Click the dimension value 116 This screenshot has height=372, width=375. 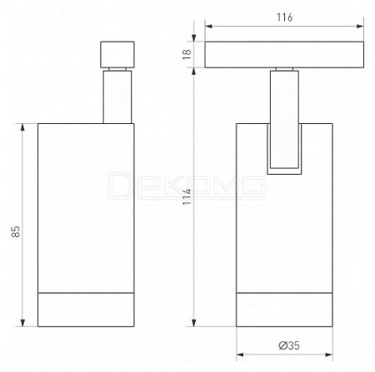(284, 17)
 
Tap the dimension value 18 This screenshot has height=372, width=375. (187, 54)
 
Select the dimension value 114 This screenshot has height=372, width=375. (187, 196)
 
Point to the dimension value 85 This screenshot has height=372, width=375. (16, 231)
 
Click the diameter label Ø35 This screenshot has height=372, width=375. (289, 345)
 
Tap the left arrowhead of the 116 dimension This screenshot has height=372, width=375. (208, 26)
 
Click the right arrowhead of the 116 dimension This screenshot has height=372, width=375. (360, 26)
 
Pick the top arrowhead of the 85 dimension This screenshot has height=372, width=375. (22, 127)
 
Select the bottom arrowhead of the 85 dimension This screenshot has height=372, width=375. (22, 322)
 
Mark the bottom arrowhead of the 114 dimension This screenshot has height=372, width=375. (193, 322)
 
